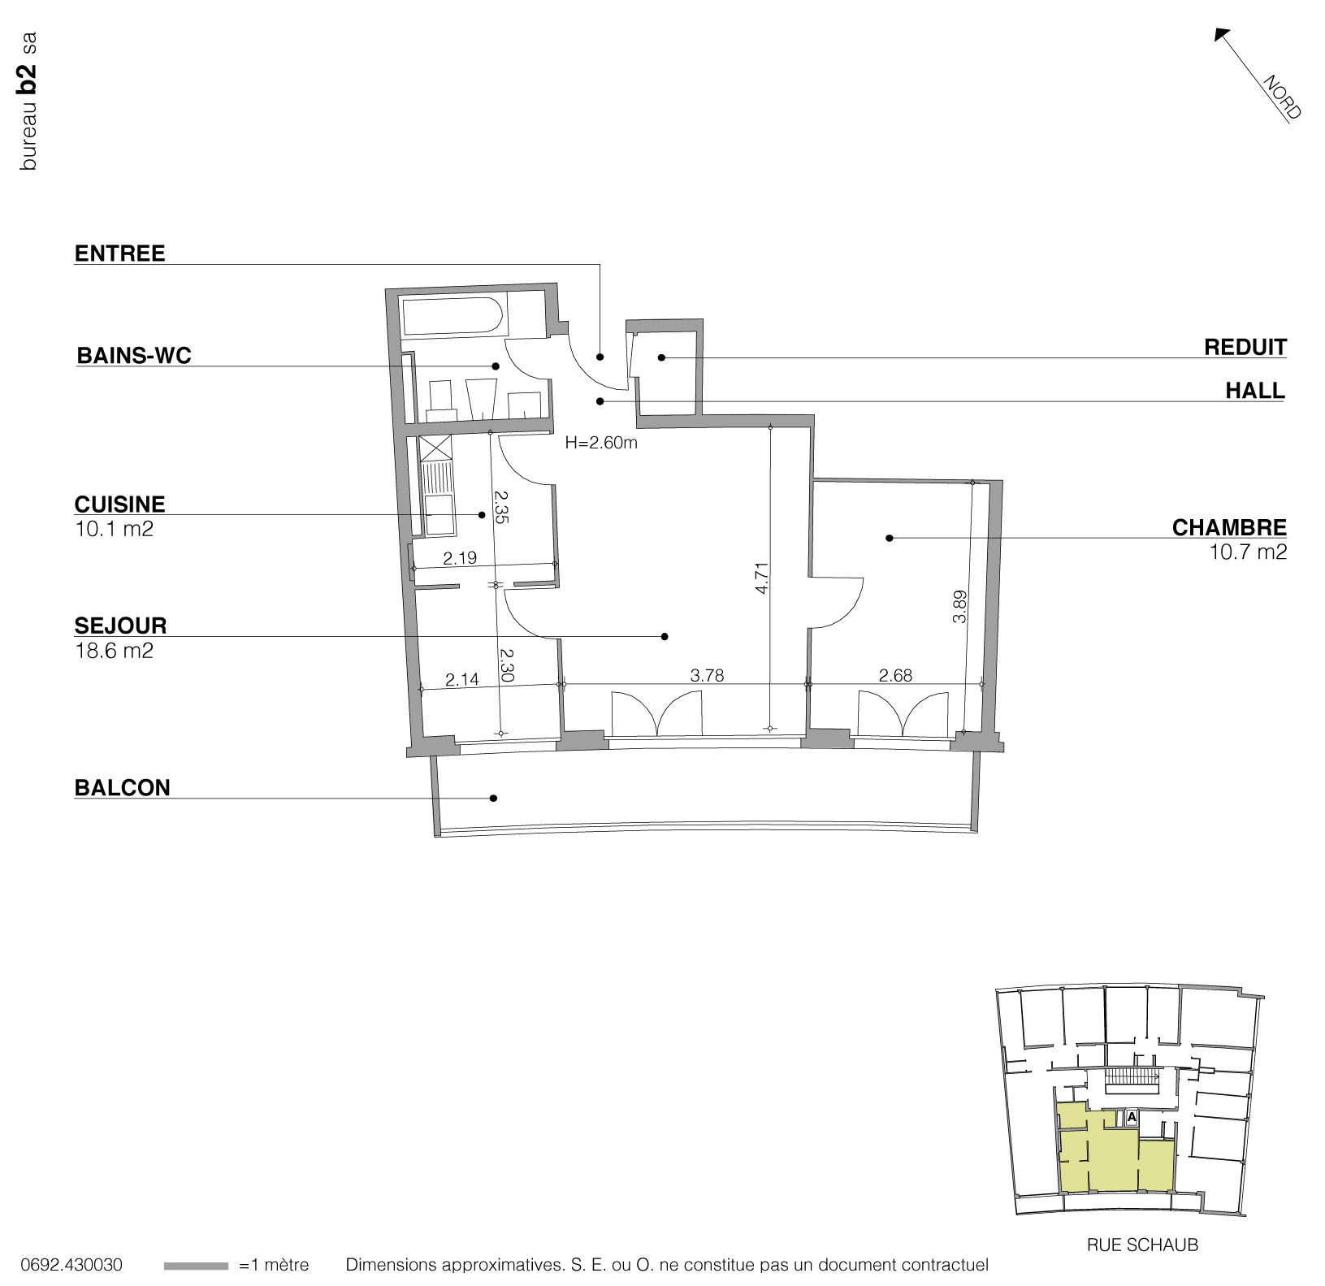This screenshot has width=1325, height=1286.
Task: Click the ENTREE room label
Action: [x=119, y=253]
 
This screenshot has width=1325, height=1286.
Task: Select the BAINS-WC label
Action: [x=133, y=356]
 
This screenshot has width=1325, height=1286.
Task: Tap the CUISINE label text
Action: [x=119, y=504]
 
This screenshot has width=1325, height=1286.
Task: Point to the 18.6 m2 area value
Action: [x=114, y=651]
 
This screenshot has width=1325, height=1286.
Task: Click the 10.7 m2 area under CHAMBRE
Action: [x=1247, y=553]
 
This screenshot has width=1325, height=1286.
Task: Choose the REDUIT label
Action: [x=1245, y=348]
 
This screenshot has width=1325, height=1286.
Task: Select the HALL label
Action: [x=1255, y=391]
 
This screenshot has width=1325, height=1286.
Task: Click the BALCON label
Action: [x=122, y=787]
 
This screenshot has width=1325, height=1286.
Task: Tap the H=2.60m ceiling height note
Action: [x=601, y=444]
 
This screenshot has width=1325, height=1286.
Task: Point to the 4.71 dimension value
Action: [x=761, y=578]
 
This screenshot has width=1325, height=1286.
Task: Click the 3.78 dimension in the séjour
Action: [x=706, y=675]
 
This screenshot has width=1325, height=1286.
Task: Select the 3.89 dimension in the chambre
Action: [x=959, y=606]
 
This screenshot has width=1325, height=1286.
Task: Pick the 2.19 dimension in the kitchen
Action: [x=459, y=559]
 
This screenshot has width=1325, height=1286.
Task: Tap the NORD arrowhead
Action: [x=1221, y=33]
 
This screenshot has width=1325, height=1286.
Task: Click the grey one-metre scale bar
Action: [x=196, y=1266]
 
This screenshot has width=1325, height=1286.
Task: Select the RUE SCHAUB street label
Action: [x=1142, y=1245]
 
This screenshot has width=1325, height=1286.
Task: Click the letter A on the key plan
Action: [x=1131, y=1118]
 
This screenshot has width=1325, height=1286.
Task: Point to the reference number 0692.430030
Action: [x=71, y=1265]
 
